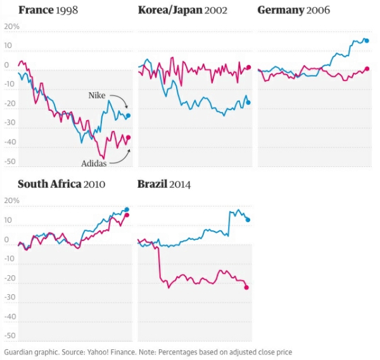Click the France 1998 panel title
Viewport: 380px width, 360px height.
pos(48,10)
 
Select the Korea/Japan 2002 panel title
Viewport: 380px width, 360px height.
pos(182,10)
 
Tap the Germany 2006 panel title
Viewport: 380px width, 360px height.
pos(294,10)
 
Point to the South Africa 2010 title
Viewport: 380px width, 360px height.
pos(61,184)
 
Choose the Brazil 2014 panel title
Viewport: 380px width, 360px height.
pos(164,184)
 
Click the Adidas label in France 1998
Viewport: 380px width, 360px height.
pos(94,163)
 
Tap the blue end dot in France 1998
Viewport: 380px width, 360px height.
pos(128,116)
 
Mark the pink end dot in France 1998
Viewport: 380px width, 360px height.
pos(128,137)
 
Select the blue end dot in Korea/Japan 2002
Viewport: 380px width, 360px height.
pos(248,102)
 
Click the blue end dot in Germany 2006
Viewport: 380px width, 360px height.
pos(367,40)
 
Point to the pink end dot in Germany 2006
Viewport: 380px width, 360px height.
pos(367,69)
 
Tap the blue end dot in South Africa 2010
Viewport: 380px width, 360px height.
pos(127,209)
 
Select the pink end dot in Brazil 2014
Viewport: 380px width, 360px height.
pos(246,287)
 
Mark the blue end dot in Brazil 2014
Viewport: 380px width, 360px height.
pos(248,220)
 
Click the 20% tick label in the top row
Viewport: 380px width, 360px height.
pos(11,27)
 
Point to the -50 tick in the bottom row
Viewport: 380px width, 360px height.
pos(9,337)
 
